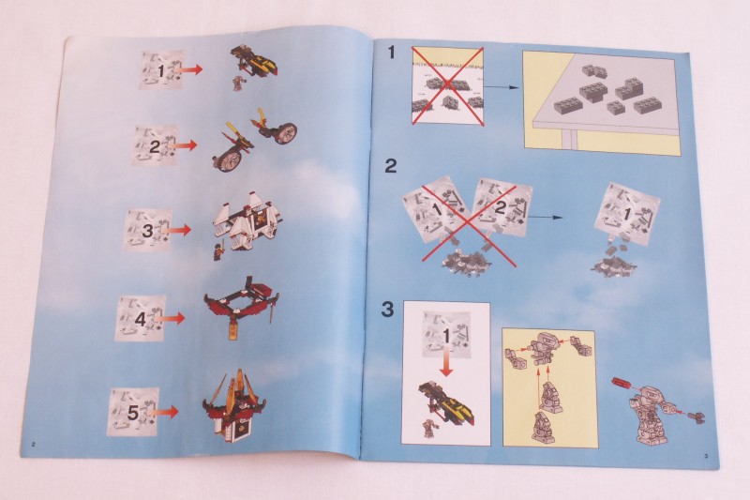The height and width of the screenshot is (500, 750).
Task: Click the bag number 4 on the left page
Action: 140,319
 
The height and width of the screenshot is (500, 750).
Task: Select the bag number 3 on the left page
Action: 148,231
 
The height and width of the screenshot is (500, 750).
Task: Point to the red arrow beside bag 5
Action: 162,412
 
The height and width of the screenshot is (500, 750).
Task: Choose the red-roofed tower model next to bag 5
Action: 234,407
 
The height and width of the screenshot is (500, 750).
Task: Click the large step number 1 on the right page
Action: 392,52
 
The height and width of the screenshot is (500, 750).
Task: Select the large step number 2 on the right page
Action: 391,166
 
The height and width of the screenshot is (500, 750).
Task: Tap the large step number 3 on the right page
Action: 387,309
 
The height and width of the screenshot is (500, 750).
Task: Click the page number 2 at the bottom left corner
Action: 33,445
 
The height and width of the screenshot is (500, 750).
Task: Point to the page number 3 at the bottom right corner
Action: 706,455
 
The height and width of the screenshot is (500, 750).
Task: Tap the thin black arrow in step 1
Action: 502,87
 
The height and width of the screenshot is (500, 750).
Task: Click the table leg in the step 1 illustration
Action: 568,140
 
